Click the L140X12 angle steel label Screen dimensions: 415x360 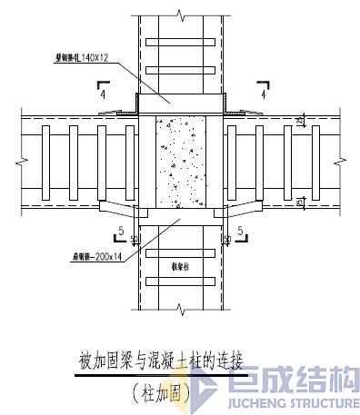pos(84,58)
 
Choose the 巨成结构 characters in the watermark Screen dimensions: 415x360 pos(291,382)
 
